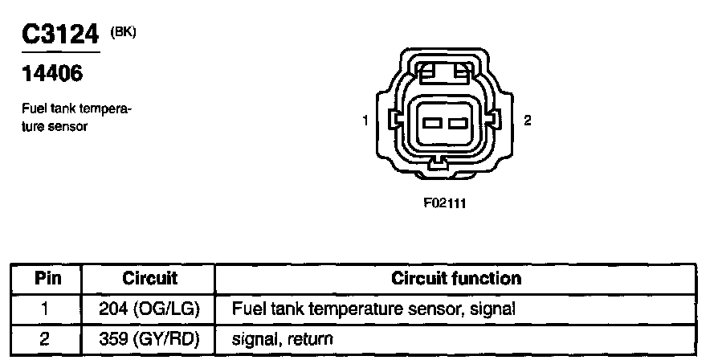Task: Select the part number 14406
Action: (50, 75)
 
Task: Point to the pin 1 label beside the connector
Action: (365, 121)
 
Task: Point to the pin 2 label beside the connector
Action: (527, 121)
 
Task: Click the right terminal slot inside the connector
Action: (458, 123)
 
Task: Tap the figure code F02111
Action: (444, 203)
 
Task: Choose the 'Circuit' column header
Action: (149, 279)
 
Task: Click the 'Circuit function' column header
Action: (456, 279)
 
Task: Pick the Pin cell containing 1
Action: (46, 309)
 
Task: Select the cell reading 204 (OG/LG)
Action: (149, 309)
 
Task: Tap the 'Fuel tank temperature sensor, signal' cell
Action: (372, 309)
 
